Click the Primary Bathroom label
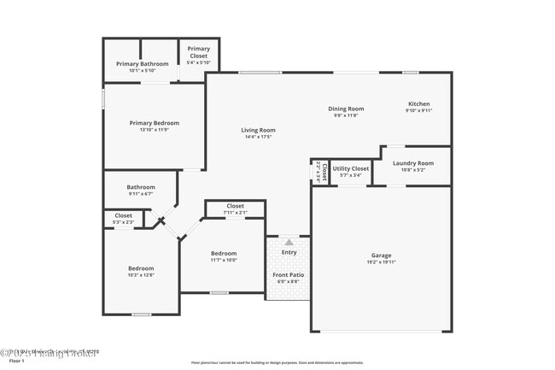[x=141, y=63]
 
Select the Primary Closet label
[x=199, y=49]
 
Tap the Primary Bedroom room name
[x=155, y=123]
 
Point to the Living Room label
[x=258, y=130]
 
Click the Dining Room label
[x=346, y=109]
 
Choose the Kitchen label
[x=418, y=104]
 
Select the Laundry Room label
[x=412, y=162]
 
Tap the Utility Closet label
[x=350, y=169]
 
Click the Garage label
[x=381, y=255]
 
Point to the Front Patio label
[x=288, y=274]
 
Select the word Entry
[x=289, y=252]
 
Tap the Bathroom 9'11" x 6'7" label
[x=141, y=187]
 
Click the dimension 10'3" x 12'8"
[x=141, y=275]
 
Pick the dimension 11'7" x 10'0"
[x=224, y=261]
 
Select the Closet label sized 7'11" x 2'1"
[x=236, y=206]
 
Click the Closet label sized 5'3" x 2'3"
[x=123, y=215]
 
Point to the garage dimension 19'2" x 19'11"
[x=381, y=262]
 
